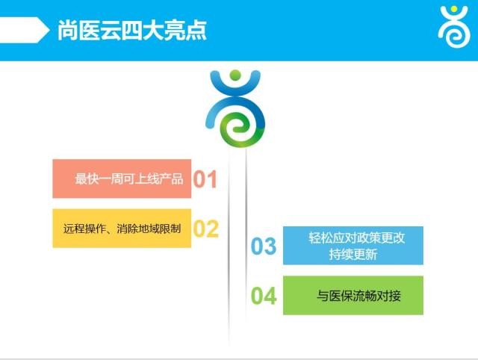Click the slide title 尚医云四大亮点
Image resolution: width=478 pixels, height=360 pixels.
pos(132,30)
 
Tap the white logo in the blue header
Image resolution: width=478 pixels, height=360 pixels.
pos(454,27)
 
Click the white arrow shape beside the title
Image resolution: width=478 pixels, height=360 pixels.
pos(25,30)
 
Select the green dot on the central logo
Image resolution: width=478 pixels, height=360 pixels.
pos(235,75)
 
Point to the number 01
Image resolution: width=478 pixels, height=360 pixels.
pos(205,179)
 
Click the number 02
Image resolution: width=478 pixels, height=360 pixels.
pos(206,229)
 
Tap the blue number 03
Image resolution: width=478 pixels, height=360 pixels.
pos(264,246)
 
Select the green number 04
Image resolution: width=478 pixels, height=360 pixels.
pos(264,296)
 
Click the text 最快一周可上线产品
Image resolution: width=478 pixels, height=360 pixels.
pos(129,179)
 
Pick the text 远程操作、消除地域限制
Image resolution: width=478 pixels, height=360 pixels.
pos(122,229)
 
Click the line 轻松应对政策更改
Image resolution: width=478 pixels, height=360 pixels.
pos(356,238)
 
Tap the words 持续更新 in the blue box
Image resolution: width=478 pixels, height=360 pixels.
pos(353,254)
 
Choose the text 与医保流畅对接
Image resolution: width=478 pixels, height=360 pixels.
pos(358,296)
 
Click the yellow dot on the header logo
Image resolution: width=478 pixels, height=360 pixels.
pos(454,9)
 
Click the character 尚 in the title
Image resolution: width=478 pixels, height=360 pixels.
pos(67,30)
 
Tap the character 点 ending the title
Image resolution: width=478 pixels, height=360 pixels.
pos(196,30)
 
